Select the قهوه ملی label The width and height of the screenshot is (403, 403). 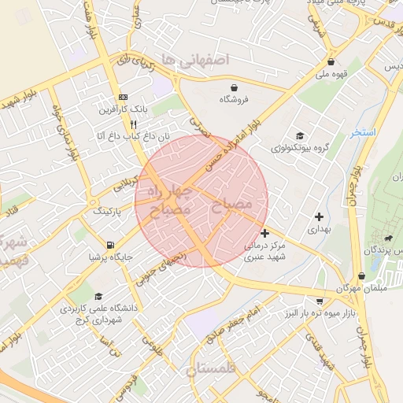331,75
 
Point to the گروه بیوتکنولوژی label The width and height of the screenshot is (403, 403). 299,147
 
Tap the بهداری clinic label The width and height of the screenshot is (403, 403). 320,230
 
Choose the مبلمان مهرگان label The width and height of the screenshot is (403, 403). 360,289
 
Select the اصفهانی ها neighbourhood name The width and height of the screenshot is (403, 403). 193,60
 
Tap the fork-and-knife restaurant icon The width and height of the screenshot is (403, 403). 134,124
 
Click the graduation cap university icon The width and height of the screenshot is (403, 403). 98,297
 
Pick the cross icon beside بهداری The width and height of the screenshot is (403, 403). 319,216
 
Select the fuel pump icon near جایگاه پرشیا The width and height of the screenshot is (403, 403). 110,244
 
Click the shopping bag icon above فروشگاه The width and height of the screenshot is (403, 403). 235,87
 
